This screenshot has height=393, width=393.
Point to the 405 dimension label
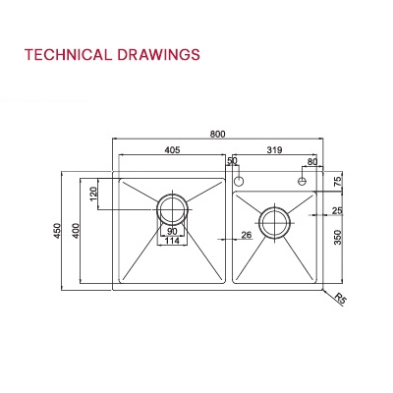170,150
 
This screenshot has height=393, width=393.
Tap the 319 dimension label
277,150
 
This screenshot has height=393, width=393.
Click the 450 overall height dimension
58,232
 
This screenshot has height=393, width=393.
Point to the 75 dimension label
337,181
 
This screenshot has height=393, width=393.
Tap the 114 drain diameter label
172,241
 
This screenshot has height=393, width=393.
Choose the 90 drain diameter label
172,231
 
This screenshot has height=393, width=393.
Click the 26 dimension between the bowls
246,234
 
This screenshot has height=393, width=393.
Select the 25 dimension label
337,210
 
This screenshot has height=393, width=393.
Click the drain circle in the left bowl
172,208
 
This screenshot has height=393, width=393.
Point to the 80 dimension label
312,161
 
